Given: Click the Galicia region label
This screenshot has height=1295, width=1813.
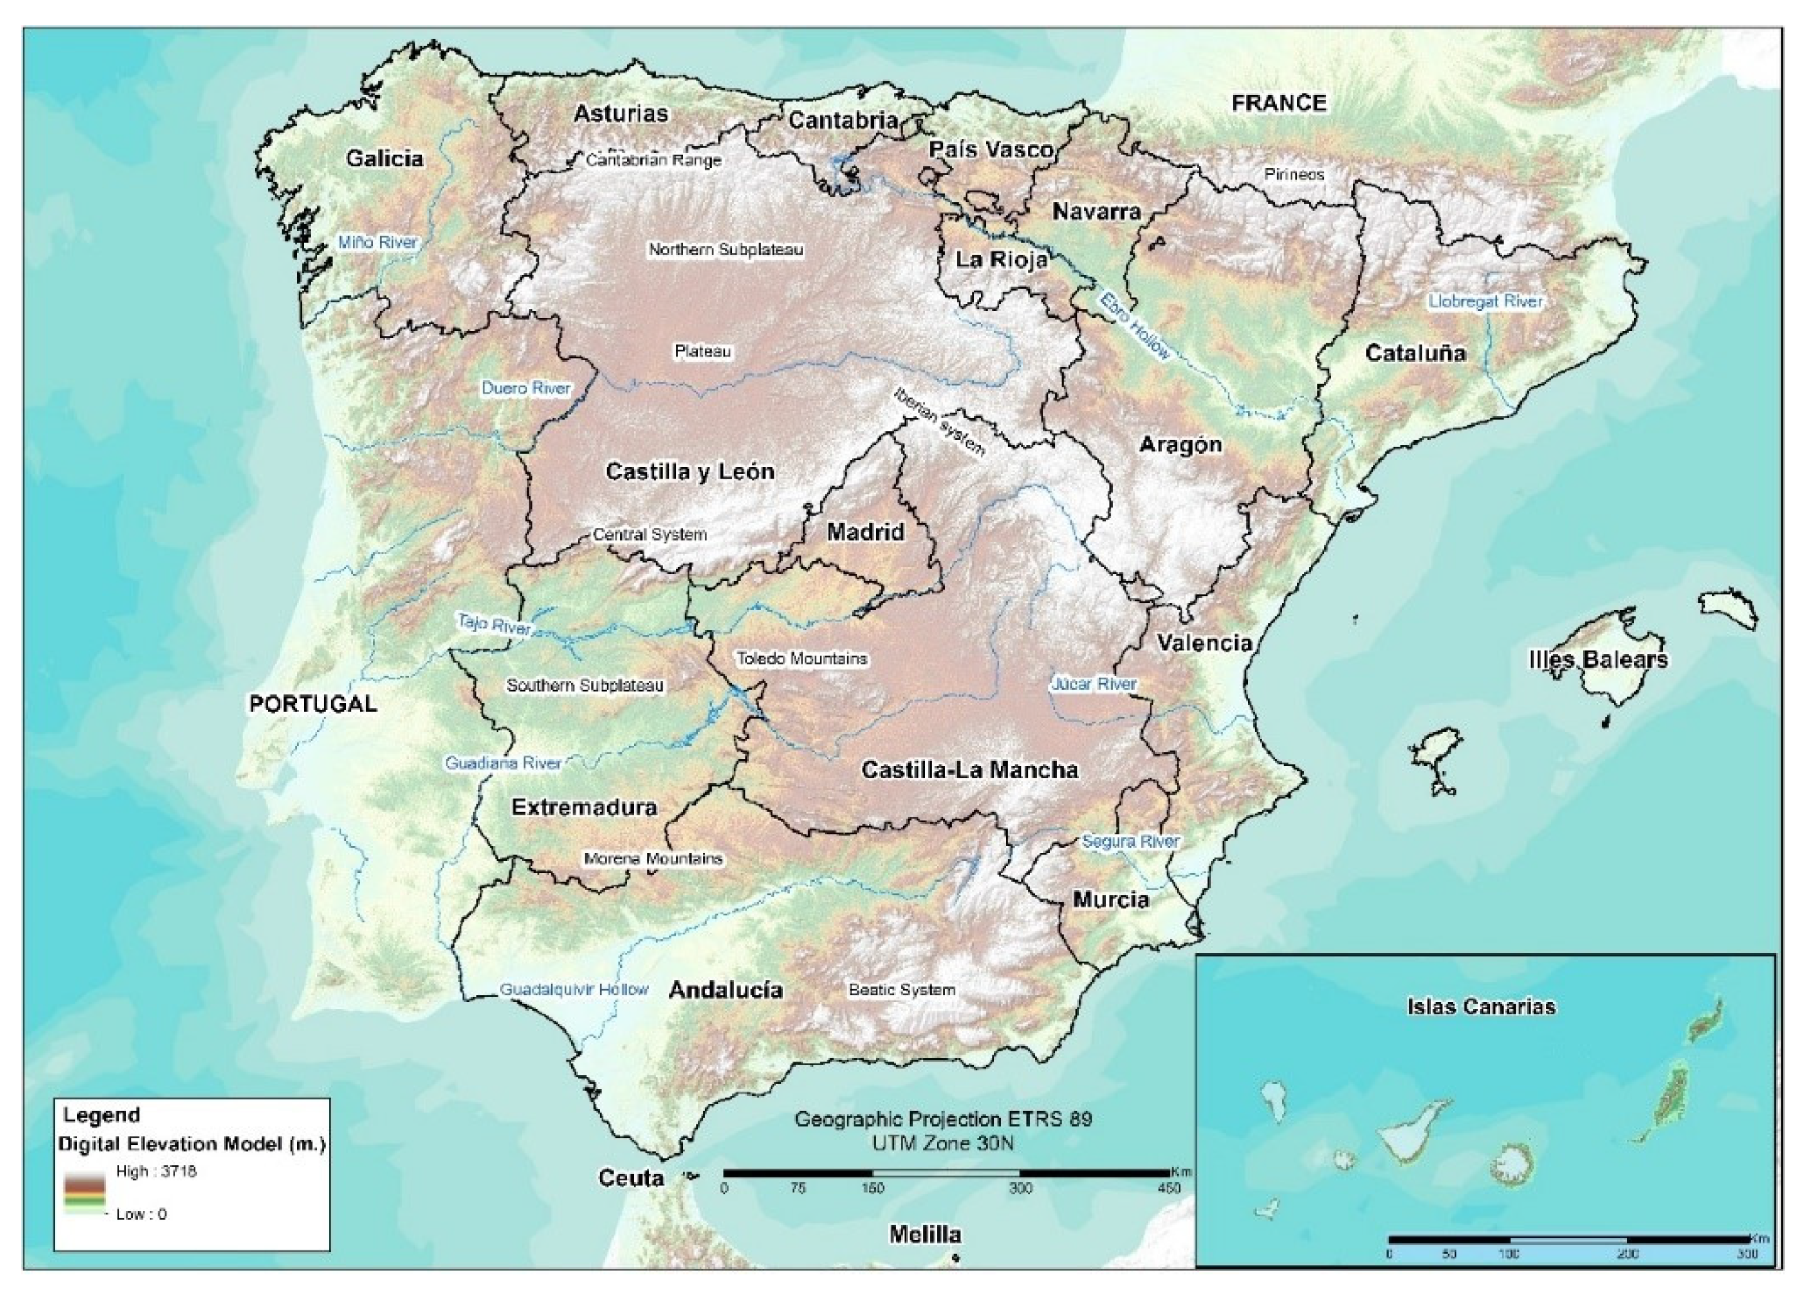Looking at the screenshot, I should (384, 159).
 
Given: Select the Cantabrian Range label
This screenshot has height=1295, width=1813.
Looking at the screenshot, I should (653, 160).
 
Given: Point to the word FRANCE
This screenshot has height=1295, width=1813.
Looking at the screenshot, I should (1278, 103).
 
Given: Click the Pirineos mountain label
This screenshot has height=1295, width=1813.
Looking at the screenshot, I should (1294, 175).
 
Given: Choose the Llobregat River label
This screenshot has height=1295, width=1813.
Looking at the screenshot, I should (1485, 302).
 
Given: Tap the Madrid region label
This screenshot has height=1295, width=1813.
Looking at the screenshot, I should (865, 532).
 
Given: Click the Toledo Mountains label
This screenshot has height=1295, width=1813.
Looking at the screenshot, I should (801, 659).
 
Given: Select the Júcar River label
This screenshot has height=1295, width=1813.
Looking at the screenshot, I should (1094, 684).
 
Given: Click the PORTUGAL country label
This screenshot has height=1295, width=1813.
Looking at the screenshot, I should (313, 704).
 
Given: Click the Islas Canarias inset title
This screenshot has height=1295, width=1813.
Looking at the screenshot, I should (1480, 1006).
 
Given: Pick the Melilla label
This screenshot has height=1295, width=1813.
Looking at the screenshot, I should (925, 1235).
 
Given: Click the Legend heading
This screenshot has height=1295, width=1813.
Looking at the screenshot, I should (101, 1115).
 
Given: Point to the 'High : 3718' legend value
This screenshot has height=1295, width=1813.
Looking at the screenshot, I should (156, 1171).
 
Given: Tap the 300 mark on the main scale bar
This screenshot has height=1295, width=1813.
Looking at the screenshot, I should (1021, 1188).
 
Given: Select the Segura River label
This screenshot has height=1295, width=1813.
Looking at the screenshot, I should (1130, 841).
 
